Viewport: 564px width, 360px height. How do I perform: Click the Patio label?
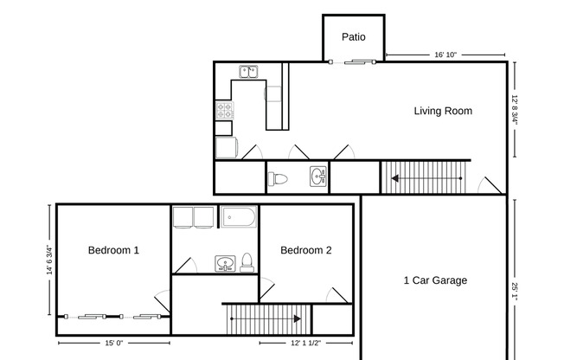click(x=353, y=37)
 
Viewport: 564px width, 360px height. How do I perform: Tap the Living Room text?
click(x=442, y=111)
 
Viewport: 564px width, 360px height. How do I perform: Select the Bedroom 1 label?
click(x=113, y=251)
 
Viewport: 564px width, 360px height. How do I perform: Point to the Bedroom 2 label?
click(x=306, y=251)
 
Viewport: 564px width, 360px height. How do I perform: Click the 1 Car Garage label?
click(x=435, y=280)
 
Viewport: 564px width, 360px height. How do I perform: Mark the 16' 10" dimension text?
click(x=445, y=55)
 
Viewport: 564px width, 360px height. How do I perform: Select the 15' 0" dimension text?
click(x=112, y=344)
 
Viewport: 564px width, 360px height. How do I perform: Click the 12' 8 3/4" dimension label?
click(x=515, y=110)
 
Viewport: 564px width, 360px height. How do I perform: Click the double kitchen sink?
click(x=249, y=72)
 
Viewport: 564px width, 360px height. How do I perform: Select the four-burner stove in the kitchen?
click(x=224, y=111)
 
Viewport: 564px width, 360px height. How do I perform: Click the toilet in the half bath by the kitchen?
click(x=278, y=179)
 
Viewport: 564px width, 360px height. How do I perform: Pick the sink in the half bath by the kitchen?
click(x=317, y=177)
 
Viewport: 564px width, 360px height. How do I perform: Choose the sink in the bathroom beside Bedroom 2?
click(x=225, y=263)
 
